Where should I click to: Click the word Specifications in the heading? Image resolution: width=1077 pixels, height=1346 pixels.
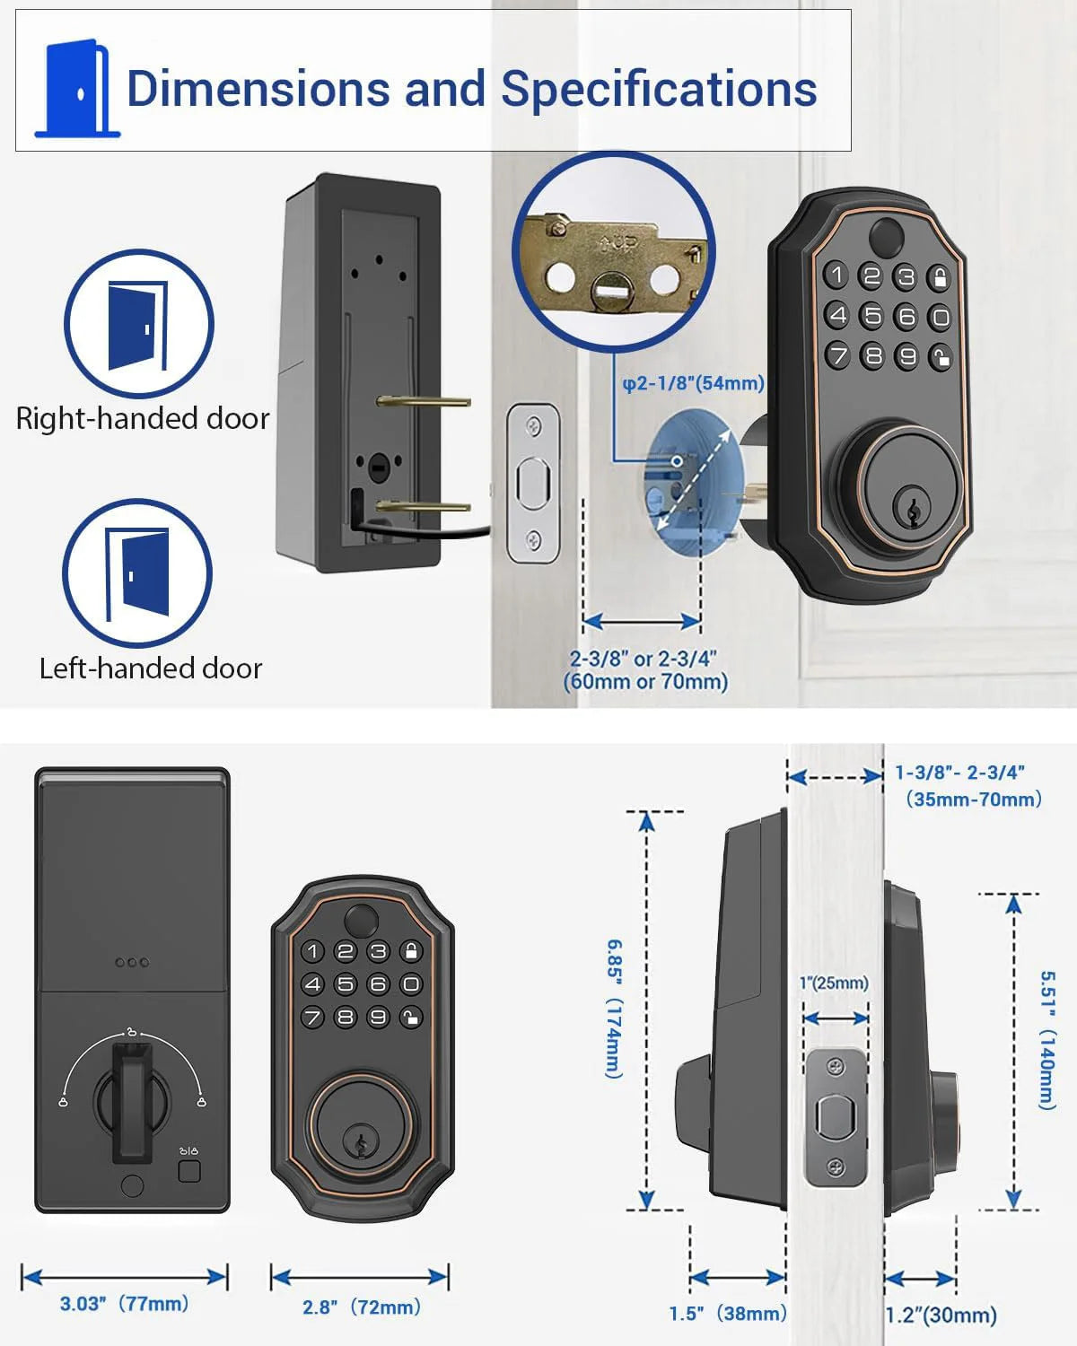[658, 89]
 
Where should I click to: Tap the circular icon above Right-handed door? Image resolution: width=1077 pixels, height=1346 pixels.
[138, 324]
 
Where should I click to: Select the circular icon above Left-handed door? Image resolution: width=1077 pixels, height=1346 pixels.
[137, 573]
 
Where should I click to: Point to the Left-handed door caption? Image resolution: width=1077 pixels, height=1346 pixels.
[151, 669]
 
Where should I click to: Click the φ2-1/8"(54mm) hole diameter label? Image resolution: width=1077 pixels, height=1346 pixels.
[693, 383]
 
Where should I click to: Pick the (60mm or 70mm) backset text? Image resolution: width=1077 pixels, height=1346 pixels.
[645, 682]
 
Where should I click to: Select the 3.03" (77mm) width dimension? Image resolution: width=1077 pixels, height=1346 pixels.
[124, 1304]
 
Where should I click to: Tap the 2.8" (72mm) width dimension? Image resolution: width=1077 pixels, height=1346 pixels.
[361, 1307]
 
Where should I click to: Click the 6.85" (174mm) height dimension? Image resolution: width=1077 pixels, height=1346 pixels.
[613, 1009]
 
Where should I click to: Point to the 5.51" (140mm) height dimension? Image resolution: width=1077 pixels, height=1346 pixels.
[1047, 1040]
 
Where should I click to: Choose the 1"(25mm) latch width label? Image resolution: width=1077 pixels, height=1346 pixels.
[834, 983]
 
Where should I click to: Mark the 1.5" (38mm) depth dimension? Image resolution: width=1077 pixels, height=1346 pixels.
[727, 1314]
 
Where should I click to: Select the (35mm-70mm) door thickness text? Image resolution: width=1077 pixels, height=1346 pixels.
[974, 799]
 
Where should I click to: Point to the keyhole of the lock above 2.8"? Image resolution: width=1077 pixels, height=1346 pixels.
[361, 1145]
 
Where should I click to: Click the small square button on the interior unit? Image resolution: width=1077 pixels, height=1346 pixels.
[189, 1171]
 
